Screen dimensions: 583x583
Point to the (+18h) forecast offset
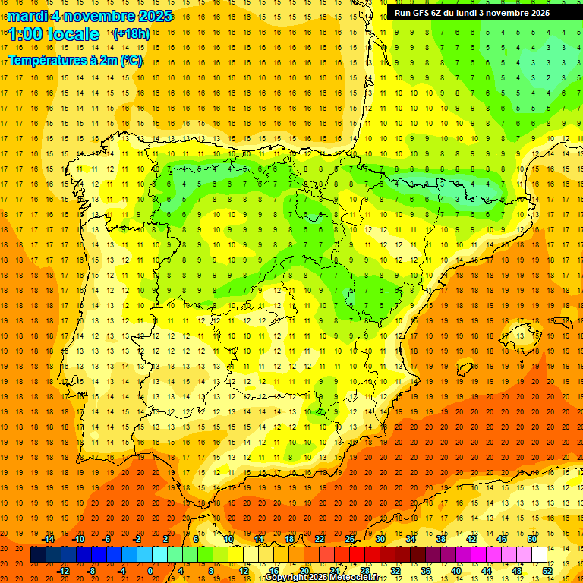click(131, 34)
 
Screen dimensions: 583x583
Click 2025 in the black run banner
click(536, 13)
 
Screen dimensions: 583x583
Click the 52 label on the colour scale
click(547, 571)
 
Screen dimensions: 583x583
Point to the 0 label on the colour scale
click(150, 571)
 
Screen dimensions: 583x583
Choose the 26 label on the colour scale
click(350, 539)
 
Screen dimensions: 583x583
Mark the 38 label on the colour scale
click(441, 539)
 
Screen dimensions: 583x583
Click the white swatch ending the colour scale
click(540, 555)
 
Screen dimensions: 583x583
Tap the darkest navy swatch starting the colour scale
click(38, 555)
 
